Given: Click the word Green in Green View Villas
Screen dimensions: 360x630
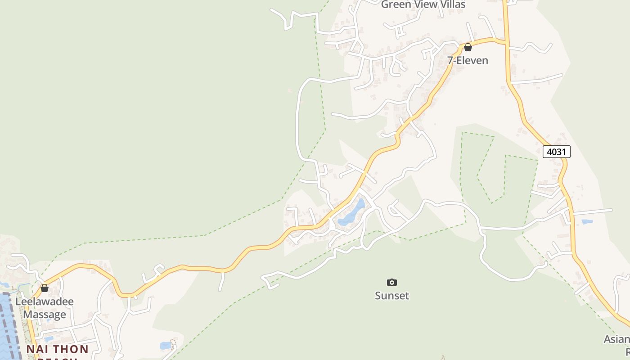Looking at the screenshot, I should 396,4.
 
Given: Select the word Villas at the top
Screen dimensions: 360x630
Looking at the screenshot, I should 452,4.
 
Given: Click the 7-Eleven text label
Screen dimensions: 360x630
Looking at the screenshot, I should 468,60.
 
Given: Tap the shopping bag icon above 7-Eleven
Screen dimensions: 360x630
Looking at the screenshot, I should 468,47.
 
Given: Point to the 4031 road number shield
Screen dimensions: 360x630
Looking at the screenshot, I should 556,152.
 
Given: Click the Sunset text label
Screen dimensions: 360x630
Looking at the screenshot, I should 392,296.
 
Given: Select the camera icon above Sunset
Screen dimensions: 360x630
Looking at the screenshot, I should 392,282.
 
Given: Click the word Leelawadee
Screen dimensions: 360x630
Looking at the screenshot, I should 45,301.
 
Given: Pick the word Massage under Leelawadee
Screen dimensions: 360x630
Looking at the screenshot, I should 45,315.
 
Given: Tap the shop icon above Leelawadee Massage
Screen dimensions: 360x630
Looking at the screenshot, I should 45,288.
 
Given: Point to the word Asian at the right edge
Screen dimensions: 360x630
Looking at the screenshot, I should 617,339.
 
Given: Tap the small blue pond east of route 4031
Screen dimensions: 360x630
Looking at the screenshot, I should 587,221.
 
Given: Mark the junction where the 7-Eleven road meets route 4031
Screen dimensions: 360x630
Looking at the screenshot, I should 506,43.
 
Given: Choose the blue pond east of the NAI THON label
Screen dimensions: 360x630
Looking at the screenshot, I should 166,346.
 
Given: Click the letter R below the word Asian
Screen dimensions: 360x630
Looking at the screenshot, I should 627,351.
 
